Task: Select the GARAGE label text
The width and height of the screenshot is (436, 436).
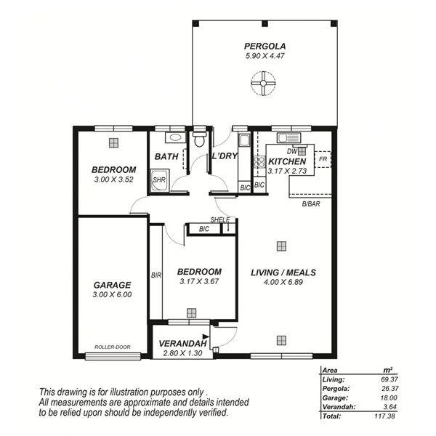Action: point(112,285)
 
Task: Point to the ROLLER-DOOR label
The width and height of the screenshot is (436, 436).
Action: point(113,347)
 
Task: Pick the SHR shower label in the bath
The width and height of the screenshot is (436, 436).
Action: point(159,179)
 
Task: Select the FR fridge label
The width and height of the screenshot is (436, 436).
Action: point(321,158)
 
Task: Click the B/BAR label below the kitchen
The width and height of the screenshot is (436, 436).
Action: point(312,204)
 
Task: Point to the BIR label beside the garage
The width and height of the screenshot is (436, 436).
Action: point(156,275)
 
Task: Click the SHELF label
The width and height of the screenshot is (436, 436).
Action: point(219,219)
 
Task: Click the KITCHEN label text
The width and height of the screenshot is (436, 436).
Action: point(287,161)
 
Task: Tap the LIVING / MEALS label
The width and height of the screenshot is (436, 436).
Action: point(283,272)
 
